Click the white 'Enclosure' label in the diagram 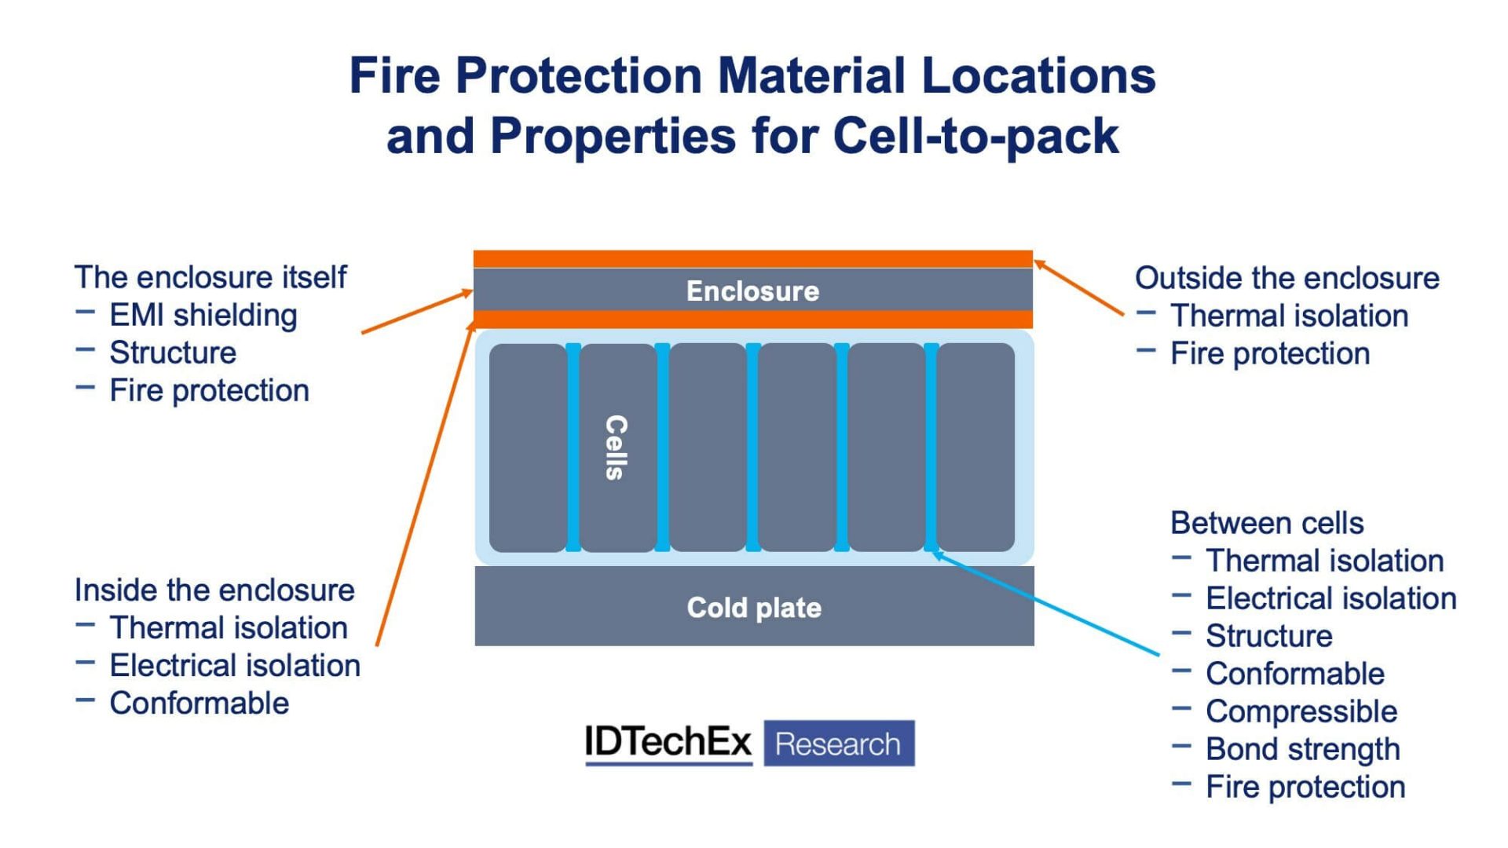pos(752,291)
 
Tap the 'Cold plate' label pos(754,608)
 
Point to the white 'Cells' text pos(617,447)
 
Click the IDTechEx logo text pos(668,742)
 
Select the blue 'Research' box pos(838,744)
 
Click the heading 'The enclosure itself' pos(210,277)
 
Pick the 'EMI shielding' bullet pos(203,315)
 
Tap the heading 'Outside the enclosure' pos(1287,278)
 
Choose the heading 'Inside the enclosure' pos(214,590)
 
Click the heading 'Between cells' pos(1266,523)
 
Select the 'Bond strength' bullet pos(1302,749)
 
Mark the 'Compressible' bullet pos(1301,711)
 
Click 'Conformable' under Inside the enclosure pos(199,704)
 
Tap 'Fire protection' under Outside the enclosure pos(1269,353)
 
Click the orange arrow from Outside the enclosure pos(1080,288)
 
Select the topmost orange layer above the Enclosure pos(752,258)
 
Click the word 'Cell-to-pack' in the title pos(975,136)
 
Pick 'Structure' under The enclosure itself pos(173,353)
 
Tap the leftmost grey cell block pos(528,447)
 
